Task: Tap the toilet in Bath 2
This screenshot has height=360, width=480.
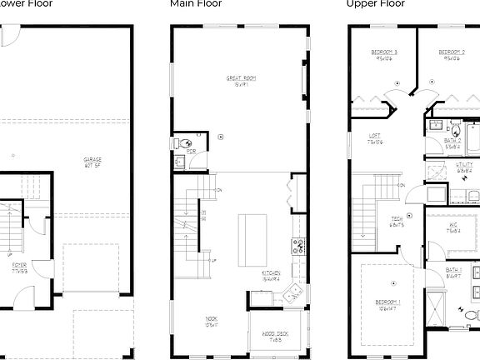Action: (x=456, y=130)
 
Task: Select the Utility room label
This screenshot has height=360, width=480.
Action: (x=464, y=167)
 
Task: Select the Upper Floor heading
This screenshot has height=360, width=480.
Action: (x=375, y=4)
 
